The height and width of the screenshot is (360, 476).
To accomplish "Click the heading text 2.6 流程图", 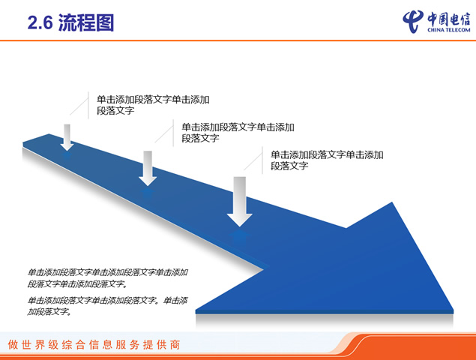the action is pos(70,22).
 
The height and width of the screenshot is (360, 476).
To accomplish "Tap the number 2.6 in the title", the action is pos(40,22).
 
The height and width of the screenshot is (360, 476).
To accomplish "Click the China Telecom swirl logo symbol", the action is pos(413,21).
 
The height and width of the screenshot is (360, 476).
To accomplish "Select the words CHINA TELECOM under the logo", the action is pos(449,30).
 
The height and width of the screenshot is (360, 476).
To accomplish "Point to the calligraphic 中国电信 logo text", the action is pos(449,19).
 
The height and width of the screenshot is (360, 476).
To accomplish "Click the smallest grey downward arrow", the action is pos(67,137).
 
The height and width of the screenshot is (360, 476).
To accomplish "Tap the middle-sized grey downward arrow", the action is pos(148,168).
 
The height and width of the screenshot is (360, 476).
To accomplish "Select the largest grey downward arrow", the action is pos(240,202).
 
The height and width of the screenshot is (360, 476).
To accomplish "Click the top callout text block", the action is pos(153,105).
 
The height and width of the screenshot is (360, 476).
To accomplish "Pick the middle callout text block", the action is pos(238,133).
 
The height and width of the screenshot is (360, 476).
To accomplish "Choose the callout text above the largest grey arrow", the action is pos(327,160).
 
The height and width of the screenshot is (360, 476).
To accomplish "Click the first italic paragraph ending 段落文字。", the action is pos(108,278).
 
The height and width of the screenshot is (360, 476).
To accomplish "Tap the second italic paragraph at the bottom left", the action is pos(108,306).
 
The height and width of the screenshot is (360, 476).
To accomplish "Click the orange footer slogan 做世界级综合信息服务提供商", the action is pos(94,345).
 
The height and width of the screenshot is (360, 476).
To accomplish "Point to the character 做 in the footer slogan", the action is pos(13,345).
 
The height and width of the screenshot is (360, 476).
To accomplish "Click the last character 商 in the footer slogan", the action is pos(175,345).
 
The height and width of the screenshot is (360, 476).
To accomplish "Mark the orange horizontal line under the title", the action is pos(238,40).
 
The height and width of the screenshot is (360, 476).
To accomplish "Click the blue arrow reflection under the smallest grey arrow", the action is pos(67,156).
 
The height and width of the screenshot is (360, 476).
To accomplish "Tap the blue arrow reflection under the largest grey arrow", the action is pos(240,236).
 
